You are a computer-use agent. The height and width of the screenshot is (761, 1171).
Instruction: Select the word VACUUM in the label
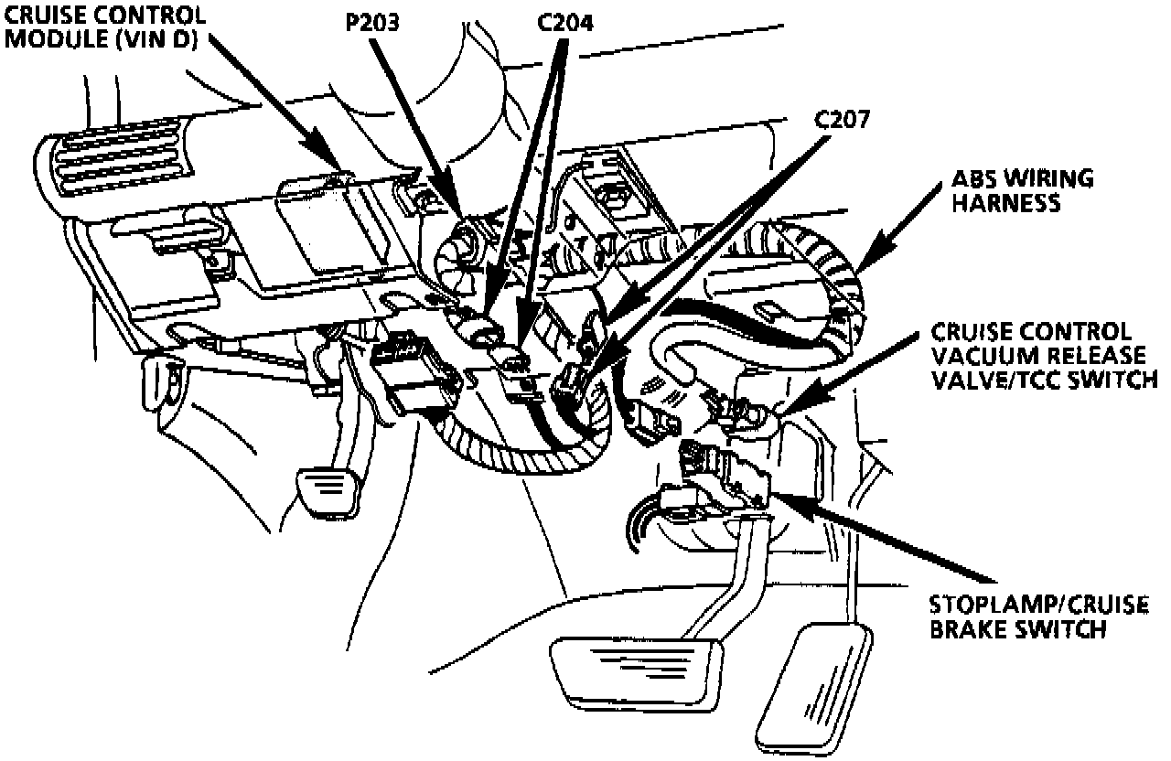(x=977, y=354)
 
